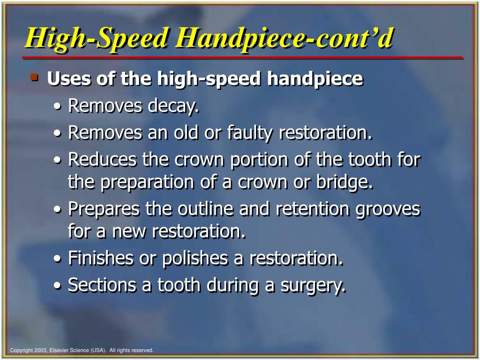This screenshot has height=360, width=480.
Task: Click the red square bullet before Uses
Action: (35, 76)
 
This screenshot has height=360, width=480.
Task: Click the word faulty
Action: (250, 133)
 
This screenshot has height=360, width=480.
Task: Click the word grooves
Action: (388, 209)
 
